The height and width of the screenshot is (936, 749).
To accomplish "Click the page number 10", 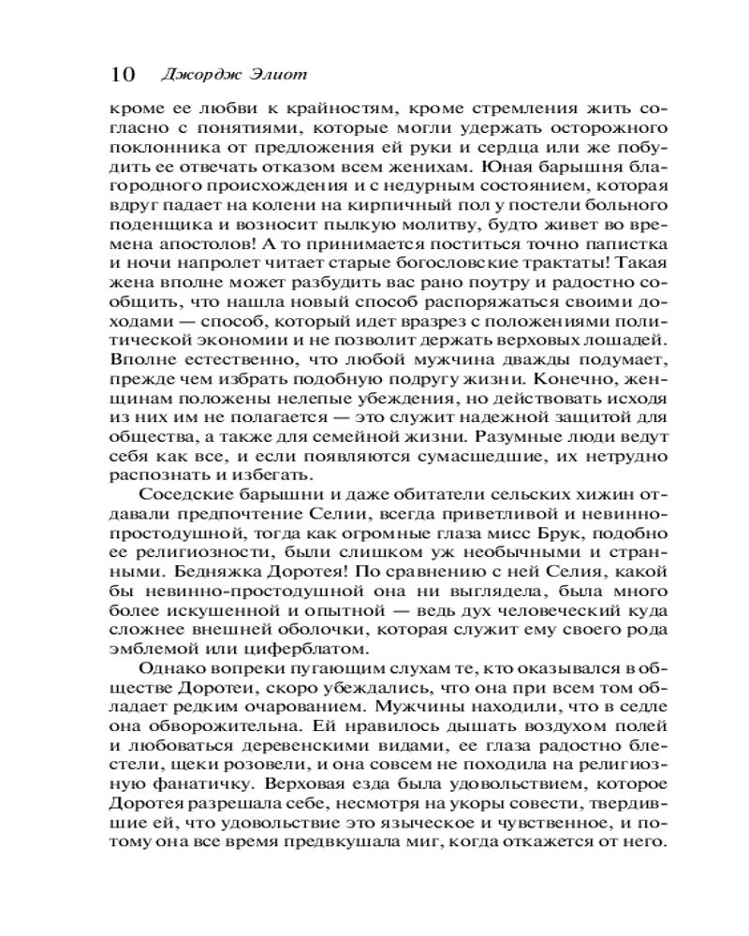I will (123, 74).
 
